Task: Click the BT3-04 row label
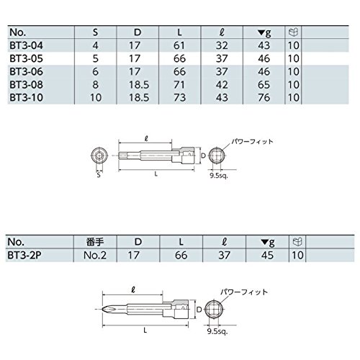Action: point(27,45)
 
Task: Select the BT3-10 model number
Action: point(27,97)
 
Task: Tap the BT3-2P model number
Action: point(24,255)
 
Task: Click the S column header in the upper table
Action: point(95,32)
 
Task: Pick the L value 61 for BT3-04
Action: point(179,45)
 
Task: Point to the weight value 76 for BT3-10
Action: point(264,97)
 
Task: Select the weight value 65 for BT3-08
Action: point(264,84)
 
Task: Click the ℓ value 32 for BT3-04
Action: point(222,45)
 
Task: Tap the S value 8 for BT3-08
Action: point(96,84)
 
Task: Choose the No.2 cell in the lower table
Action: point(95,255)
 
